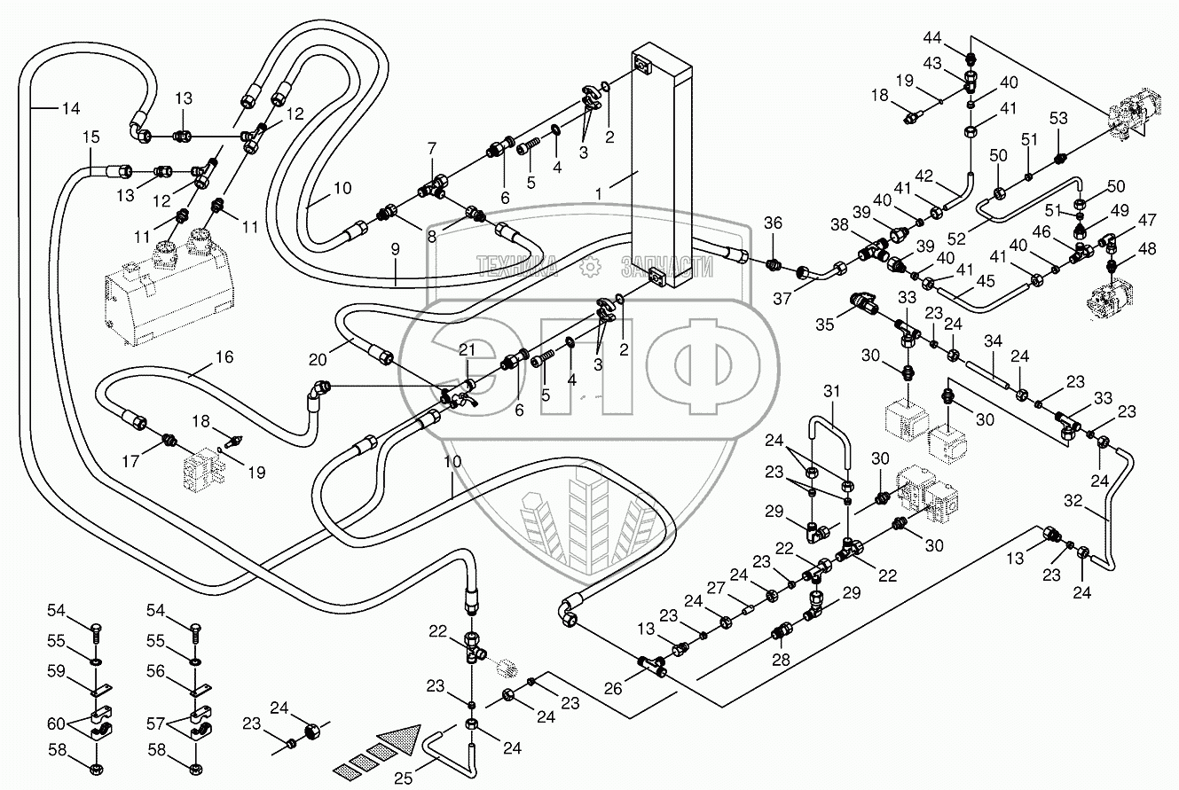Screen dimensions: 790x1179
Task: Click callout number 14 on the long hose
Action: (x=71, y=109)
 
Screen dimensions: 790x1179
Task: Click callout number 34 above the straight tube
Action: (x=993, y=340)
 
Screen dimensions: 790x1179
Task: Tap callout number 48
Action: (x=1148, y=250)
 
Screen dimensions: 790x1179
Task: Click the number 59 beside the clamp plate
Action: (x=58, y=673)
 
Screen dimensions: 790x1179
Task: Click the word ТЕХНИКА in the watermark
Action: (x=516, y=265)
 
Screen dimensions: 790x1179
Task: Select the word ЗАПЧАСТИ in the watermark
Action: (x=667, y=265)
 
